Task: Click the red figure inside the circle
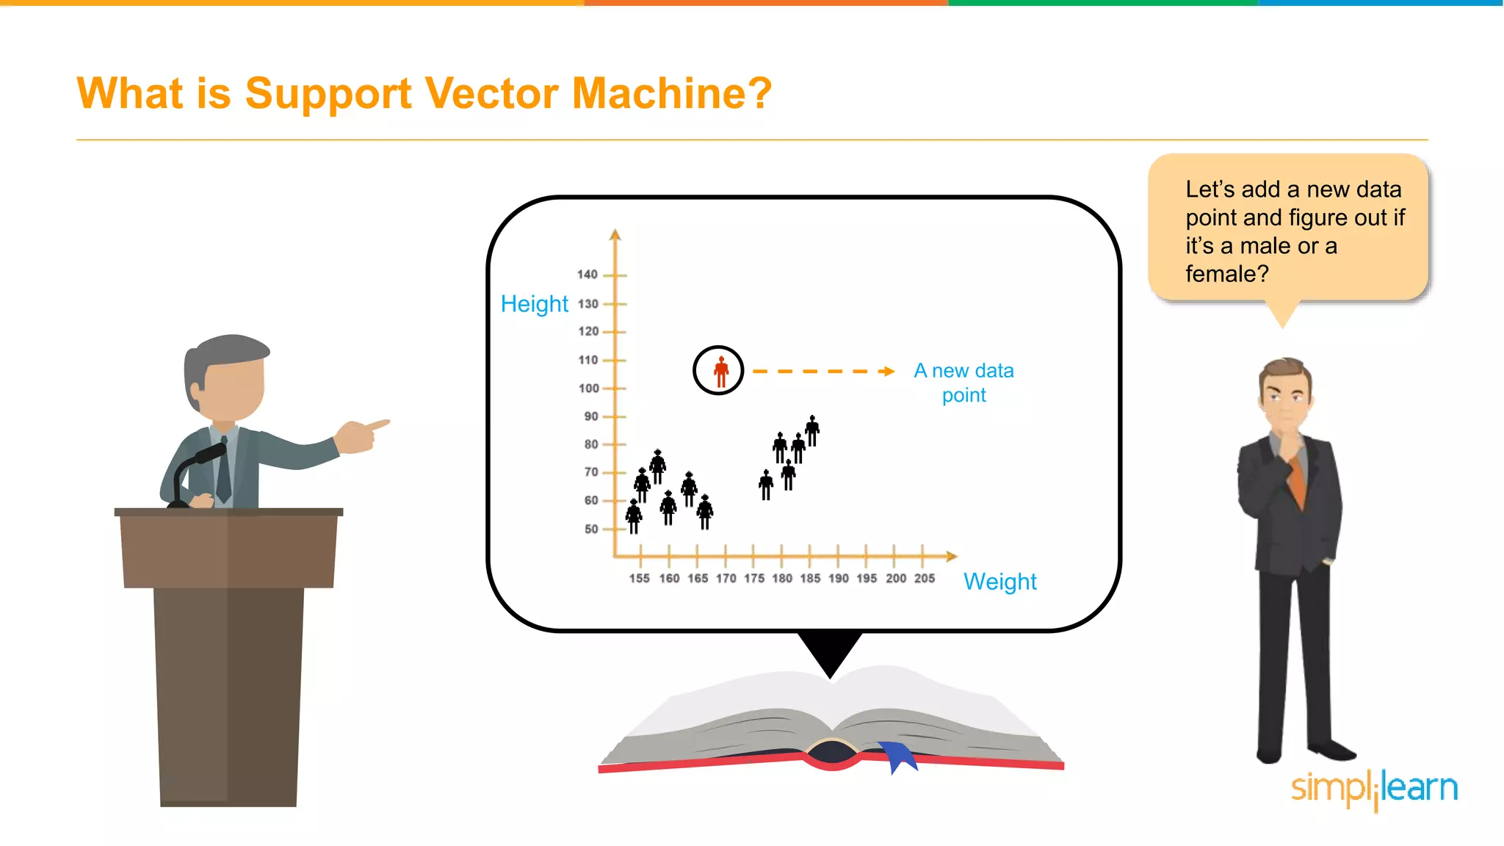click(x=721, y=372)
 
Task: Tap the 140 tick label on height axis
click(x=587, y=275)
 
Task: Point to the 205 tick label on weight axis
click(x=925, y=579)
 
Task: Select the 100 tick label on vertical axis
click(x=589, y=388)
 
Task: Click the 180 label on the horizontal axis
click(x=782, y=579)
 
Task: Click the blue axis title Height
click(x=534, y=304)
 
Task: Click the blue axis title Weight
click(x=999, y=582)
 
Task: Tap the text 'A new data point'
click(x=963, y=383)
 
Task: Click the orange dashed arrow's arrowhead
click(x=889, y=372)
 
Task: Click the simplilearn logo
click(x=1374, y=788)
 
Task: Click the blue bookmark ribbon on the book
click(x=898, y=756)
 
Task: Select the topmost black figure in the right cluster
click(x=812, y=430)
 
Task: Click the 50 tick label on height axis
click(x=591, y=529)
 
